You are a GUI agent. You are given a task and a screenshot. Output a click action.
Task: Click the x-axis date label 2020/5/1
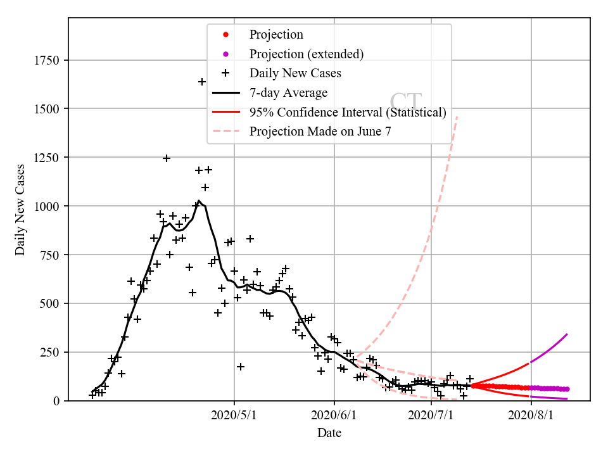(234, 416)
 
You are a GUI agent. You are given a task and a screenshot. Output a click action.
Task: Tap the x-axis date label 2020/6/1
(334, 416)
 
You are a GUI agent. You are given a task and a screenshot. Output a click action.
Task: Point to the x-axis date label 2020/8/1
(531, 416)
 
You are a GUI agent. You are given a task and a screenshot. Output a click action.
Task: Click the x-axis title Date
(329, 433)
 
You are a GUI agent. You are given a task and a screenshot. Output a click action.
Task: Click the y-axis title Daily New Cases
(20, 210)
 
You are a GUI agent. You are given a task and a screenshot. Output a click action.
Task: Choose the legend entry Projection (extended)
(307, 54)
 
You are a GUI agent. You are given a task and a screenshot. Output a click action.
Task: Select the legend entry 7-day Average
(288, 93)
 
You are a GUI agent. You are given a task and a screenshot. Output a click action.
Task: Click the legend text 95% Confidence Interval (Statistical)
(348, 113)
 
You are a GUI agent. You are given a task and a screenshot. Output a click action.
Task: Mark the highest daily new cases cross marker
(202, 82)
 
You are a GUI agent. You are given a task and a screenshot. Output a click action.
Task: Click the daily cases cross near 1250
(166, 158)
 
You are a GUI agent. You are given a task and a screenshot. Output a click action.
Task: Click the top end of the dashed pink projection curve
(457, 116)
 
